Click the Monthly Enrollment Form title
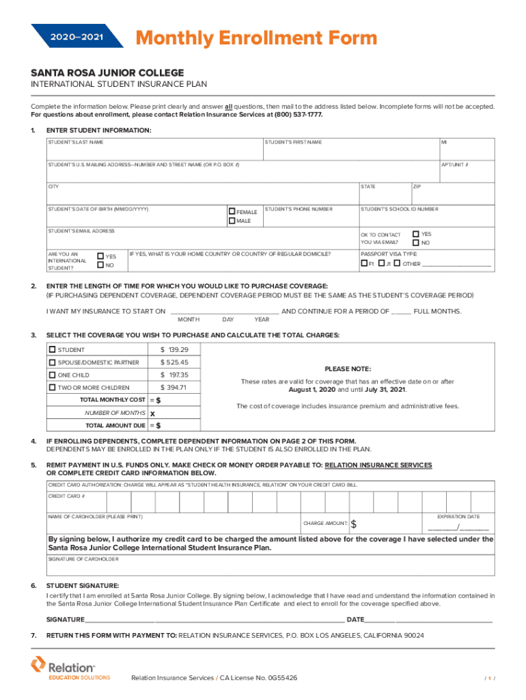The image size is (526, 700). click(x=255, y=38)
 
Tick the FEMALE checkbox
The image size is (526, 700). click(x=232, y=212)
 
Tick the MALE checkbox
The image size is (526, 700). click(x=232, y=221)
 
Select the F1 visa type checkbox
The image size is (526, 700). click(x=363, y=264)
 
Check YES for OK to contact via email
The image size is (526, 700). click(x=416, y=234)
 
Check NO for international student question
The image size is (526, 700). click(x=101, y=265)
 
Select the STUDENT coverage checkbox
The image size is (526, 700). click(x=52, y=350)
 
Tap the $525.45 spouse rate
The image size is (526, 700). click(x=174, y=362)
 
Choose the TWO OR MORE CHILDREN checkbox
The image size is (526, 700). click(x=52, y=388)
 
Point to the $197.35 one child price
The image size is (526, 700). click(x=174, y=375)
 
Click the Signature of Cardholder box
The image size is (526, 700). click(x=270, y=567)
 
